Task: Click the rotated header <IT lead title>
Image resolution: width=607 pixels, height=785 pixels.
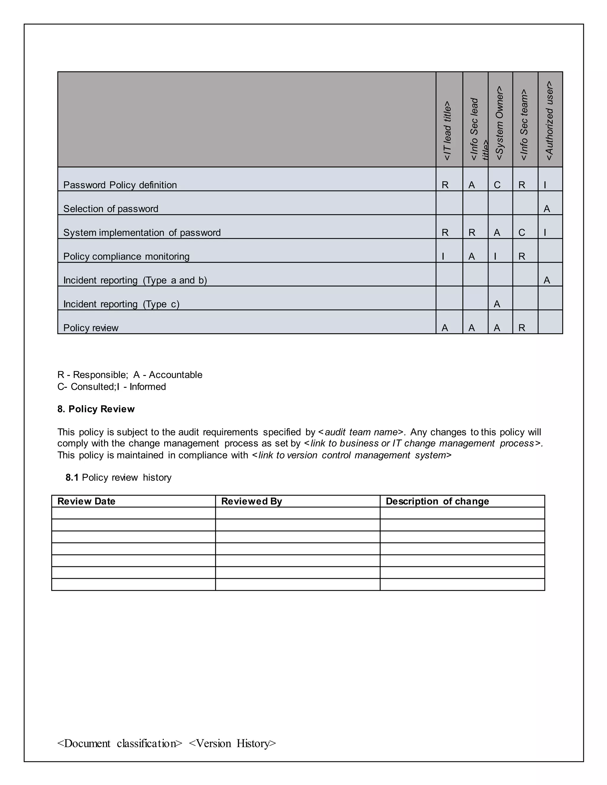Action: pos(447,131)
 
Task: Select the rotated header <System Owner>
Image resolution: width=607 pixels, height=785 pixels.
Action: pos(499,123)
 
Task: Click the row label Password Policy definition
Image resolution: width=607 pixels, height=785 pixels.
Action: pos(120,185)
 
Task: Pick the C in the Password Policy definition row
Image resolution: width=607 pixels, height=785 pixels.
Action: pos(497,185)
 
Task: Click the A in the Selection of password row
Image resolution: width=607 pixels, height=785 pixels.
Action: pos(547,209)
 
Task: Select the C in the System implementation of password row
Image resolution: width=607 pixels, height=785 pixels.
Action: pos(521,233)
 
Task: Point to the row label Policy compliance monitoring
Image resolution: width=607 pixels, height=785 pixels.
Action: pos(126,256)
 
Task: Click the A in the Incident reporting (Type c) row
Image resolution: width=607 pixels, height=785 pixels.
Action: pos(497,304)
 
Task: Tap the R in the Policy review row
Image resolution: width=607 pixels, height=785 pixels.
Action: pos(521,328)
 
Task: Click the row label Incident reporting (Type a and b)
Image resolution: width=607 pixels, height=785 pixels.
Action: pos(135,280)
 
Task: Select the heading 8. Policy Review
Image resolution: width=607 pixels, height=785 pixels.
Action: pos(96,409)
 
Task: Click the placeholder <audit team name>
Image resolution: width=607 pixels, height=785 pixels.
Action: pos(361,432)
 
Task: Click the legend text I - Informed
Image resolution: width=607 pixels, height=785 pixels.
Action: pos(141,387)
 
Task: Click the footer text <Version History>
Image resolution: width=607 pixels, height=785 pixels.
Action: pos(232,743)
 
